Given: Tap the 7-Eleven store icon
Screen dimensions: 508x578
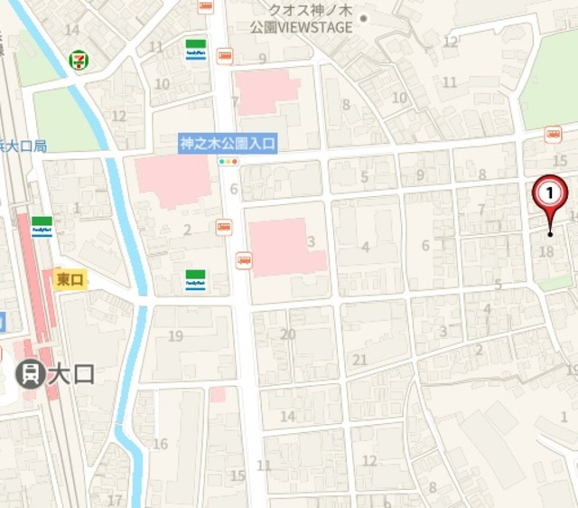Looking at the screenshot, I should (x=79, y=61).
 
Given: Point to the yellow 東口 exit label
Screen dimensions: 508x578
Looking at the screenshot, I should (x=69, y=279).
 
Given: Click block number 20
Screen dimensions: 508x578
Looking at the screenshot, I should (x=288, y=334).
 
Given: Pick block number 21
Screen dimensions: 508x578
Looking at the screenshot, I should (x=360, y=360).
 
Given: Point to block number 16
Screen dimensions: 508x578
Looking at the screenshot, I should (x=161, y=444).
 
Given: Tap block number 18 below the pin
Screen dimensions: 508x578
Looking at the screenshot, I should (x=545, y=252).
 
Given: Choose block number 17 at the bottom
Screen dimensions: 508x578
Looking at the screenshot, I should (x=115, y=499).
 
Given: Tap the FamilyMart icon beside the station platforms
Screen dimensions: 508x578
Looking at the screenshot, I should (x=41, y=225).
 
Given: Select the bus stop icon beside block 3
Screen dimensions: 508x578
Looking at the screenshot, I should (x=244, y=261).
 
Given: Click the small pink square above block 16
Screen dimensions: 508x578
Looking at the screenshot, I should (x=217, y=395).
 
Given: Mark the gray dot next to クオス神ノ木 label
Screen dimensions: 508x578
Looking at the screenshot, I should (x=364, y=18).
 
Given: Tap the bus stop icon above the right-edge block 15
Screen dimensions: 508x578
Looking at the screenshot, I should (x=552, y=135).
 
